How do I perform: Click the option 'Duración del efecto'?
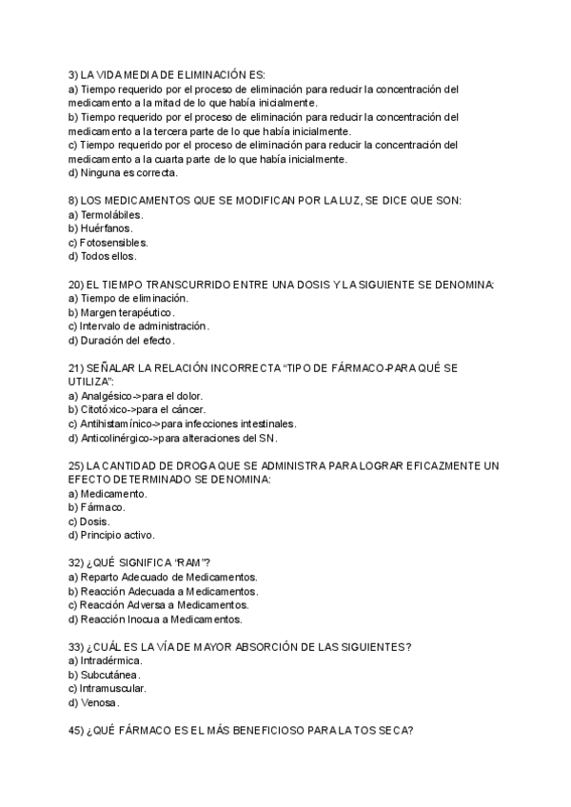point(128,340)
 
